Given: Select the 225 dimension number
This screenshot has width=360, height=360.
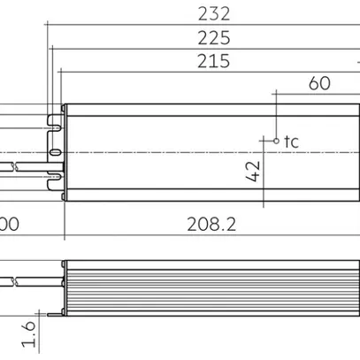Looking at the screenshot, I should [x=213, y=37].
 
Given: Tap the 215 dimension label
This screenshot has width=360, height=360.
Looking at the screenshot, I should [x=213, y=61].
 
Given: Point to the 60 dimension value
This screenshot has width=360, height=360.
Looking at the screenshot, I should [x=320, y=83].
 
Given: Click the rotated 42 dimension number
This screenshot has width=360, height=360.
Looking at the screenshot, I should [x=254, y=170].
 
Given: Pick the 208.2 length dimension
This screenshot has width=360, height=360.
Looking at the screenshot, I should [x=211, y=224].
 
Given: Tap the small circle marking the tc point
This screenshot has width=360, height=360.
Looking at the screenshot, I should [x=276, y=141].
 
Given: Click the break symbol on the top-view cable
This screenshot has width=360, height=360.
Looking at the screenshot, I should [x=15, y=166].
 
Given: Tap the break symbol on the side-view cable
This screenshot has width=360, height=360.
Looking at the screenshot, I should [x=15, y=280].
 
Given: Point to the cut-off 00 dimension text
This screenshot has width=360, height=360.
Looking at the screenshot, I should [x=9, y=224].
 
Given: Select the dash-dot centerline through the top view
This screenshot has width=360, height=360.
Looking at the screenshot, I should [x=177, y=154].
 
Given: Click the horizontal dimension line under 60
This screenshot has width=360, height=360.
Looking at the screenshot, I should [x=318, y=92].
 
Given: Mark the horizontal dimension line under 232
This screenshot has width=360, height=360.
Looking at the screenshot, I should [x=203, y=24].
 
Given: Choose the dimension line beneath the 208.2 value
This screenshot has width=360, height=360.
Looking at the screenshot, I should [x=211, y=236].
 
